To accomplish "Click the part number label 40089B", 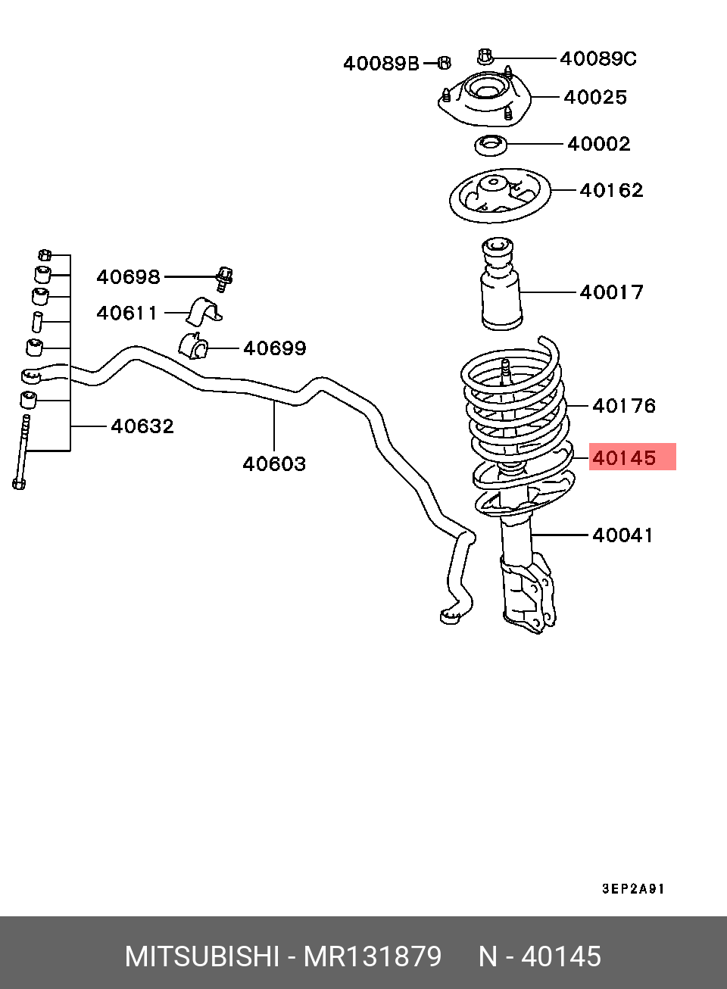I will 380,64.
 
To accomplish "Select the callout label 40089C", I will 598,58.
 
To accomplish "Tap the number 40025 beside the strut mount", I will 595,97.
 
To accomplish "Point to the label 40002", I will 598,144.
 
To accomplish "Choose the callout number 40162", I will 611,190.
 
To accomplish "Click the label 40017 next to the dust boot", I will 611,292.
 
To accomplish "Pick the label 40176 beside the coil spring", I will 623,406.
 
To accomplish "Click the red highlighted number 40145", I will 624,458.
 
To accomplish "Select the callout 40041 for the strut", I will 622,535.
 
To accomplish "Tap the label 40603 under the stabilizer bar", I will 274,464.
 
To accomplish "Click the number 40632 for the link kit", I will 142,426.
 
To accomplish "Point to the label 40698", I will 128,277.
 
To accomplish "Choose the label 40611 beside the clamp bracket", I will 126,313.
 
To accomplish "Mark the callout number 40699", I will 274,348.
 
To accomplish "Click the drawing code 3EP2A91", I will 633,889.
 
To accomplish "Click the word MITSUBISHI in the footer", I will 201,956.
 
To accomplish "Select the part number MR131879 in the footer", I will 373,956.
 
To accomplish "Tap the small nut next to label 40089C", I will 485,56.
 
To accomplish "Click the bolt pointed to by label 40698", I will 224,278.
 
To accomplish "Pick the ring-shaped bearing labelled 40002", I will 490,144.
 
